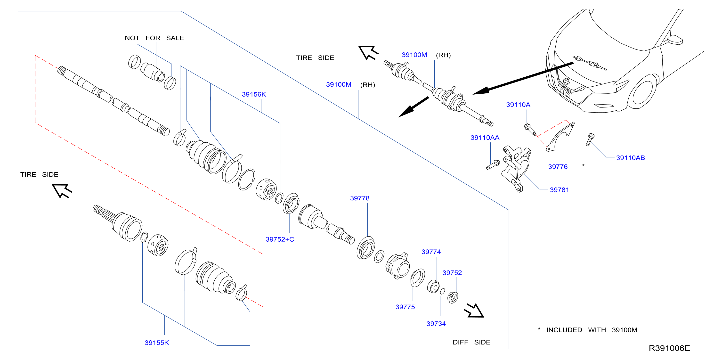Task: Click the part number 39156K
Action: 254,94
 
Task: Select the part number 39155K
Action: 157,343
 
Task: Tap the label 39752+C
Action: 280,239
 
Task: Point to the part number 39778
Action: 360,198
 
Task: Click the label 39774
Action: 431,252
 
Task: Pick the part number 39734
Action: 436,324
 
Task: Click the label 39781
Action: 559,190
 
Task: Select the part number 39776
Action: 558,167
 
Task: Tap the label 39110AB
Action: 630,158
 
